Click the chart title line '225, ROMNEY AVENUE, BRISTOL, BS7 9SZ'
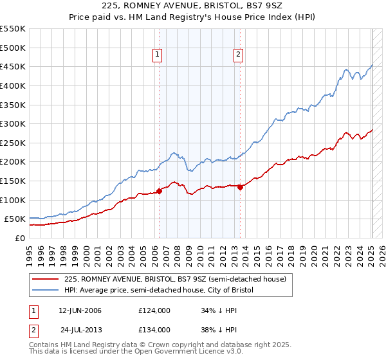[x=193, y=6]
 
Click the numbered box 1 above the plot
[x=158, y=55]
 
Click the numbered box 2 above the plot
[x=238, y=55]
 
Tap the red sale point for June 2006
[x=159, y=190]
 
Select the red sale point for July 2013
[x=240, y=187]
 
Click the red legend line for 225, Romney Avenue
[x=46, y=279]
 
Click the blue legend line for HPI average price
[x=46, y=290]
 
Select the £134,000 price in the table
[x=154, y=329]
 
